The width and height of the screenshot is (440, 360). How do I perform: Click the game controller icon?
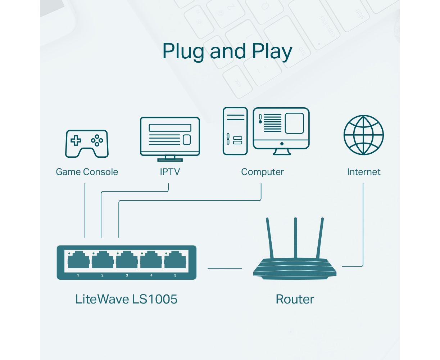click(87, 144)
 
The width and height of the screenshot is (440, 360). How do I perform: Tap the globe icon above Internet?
click(363, 135)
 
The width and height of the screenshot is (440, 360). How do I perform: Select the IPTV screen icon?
click(170, 139)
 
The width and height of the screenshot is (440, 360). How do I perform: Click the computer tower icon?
click(235, 131)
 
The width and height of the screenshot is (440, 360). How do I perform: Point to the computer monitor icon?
click(281, 131)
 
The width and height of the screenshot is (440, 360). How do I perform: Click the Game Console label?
click(87, 172)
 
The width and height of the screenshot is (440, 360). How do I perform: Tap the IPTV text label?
click(170, 172)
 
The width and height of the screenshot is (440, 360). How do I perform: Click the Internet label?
click(364, 172)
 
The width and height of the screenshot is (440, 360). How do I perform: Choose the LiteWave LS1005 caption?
click(126, 299)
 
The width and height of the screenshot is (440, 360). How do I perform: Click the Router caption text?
click(295, 299)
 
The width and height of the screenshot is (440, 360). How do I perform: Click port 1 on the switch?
click(78, 260)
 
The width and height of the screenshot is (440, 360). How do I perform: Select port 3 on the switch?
click(127, 260)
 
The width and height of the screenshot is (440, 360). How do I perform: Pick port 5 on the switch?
click(175, 260)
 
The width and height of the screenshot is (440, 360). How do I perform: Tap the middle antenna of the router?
click(295, 238)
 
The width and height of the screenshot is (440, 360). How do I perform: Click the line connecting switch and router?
click(225, 268)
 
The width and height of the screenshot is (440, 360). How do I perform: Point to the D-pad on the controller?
click(76, 140)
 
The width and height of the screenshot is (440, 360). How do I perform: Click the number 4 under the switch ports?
click(151, 275)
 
